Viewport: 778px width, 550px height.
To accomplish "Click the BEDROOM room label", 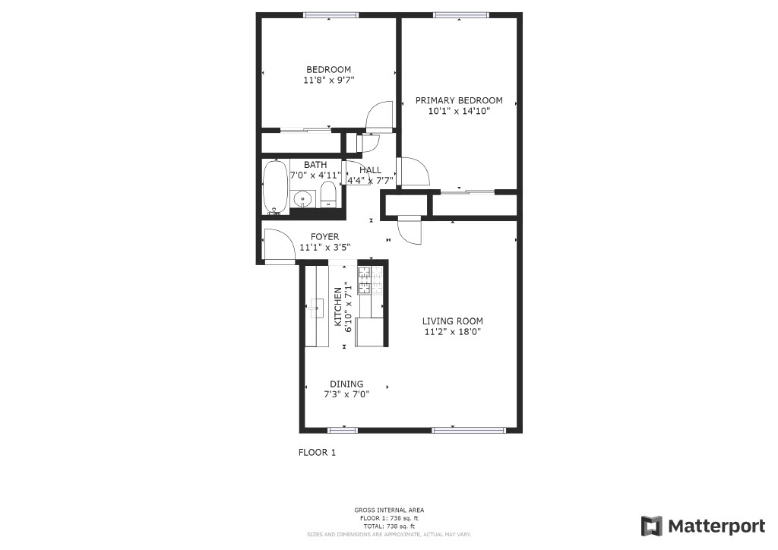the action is (328, 69).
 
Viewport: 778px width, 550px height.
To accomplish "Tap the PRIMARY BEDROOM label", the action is (459, 100).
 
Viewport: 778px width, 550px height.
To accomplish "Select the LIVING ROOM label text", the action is (453, 321).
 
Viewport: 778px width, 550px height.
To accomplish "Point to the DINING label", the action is (346, 384).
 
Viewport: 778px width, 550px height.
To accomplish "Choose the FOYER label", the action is (325, 236).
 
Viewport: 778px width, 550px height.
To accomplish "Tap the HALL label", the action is (370, 170).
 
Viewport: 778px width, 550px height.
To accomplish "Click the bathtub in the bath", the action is (275, 187).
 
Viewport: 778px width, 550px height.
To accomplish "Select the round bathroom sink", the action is (302, 199).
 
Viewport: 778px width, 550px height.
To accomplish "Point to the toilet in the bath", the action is (328, 194).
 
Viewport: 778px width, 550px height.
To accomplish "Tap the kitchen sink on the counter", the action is (315, 308).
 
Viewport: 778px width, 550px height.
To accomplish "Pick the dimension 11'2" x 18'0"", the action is (453, 332).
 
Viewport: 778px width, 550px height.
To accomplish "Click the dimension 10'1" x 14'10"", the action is (459, 111).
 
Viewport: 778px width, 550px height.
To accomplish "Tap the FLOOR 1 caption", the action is (317, 452).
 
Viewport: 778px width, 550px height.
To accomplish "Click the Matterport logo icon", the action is (651, 526).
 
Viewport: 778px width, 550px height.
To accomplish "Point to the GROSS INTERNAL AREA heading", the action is (389, 510).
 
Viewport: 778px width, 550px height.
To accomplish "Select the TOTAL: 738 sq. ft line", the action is (389, 526).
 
